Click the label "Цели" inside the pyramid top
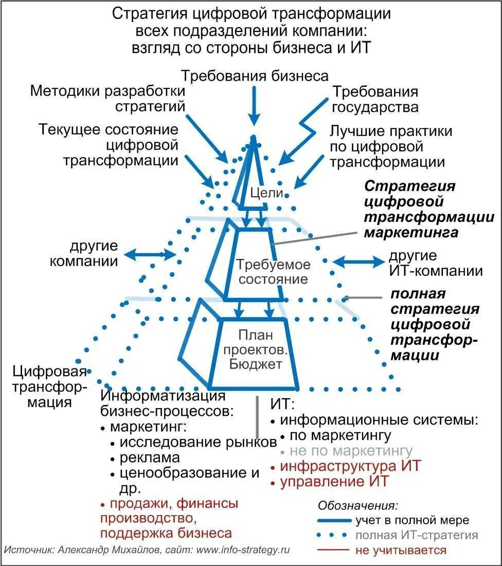267,193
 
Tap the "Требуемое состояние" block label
266,272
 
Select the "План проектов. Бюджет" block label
260,350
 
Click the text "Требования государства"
375,100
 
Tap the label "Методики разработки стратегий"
107,99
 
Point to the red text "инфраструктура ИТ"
350,466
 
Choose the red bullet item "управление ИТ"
334,482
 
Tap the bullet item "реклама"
150,457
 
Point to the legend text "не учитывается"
401,550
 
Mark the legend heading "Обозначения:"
358,505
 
